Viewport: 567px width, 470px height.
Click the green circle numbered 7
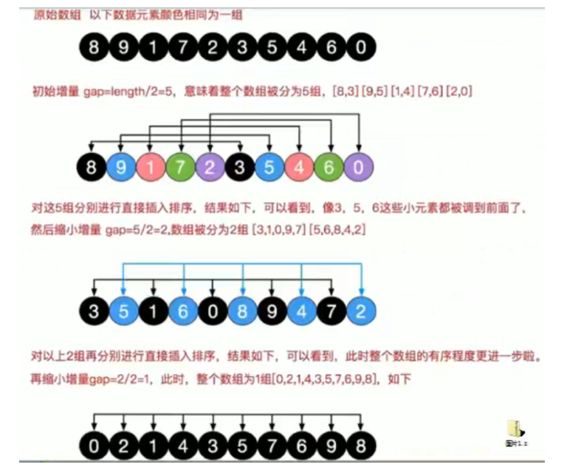click(179, 167)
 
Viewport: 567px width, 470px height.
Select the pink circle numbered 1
click(150, 167)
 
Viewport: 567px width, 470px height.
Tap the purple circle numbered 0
click(358, 167)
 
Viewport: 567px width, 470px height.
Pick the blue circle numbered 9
click(120, 167)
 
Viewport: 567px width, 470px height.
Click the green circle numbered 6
click(329, 167)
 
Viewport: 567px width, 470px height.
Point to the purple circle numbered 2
click(209, 167)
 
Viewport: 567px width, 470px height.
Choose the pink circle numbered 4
click(299, 167)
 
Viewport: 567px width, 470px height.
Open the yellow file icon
click(515, 429)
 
